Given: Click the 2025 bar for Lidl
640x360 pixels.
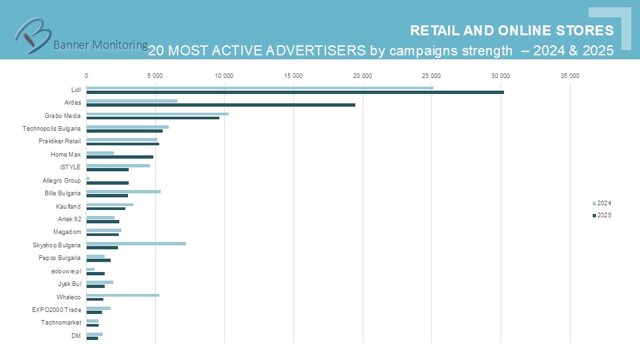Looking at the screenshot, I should (x=295, y=92).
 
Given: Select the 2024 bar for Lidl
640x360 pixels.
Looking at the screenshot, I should (x=259, y=88).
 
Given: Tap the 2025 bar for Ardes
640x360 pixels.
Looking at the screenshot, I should (x=221, y=105).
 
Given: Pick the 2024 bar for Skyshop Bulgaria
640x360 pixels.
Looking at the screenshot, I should (x=136, y=243).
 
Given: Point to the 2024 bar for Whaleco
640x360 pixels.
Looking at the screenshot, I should (x=123, y=295).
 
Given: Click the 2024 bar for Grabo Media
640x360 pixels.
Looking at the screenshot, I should (x=157, y=114).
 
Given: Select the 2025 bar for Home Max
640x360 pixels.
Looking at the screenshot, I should (x=120, y=157).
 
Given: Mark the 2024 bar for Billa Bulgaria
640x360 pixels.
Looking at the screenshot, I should (x=123, y=191).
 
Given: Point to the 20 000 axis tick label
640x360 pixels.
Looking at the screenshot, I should (x=362, y=75).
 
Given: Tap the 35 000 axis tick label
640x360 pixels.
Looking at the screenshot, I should (x=569, y=75).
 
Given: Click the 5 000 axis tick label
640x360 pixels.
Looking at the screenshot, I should (x=155, y=75).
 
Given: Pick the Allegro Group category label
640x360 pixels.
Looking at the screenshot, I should (x=61, y=180).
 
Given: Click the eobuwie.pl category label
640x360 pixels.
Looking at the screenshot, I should (x=66, y=271).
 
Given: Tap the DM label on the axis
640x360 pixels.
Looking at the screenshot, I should (x=76, y=335).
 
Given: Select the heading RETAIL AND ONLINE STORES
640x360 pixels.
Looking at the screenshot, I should (x=511, y=31).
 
